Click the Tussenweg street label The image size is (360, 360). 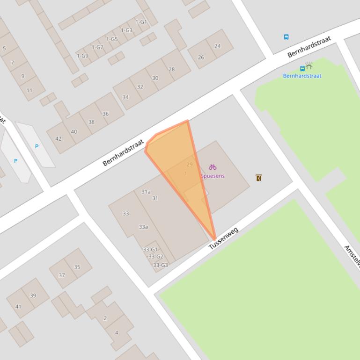pos(223,238)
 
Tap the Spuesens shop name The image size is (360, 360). pos(213,176)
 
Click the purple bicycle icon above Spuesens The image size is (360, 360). pos(213,167)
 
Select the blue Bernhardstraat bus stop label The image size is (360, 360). pos(302,76)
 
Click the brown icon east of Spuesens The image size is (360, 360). pos(259,178)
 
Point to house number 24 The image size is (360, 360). pos(217,46)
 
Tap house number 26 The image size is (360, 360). pos(201,58)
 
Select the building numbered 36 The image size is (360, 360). pos(105,114)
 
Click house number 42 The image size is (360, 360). pos(59,138)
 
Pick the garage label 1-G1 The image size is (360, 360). pos(141,22)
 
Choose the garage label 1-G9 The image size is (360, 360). pos(82,56)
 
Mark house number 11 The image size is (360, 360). pos(29,90)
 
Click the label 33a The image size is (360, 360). pos(143,227)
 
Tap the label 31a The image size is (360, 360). pos(146,192)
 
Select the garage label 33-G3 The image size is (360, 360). pos(161,265)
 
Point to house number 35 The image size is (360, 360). pos(77,267)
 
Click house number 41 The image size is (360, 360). pos(18,307)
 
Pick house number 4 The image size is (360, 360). pos(117,333)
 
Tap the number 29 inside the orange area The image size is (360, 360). pos(190,165)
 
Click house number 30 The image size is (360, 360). pos(155,78)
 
